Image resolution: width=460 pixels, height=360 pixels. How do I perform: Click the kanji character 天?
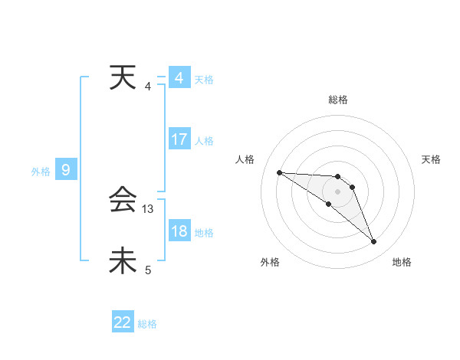point(123,77)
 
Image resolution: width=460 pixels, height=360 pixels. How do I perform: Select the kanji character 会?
point(123,201)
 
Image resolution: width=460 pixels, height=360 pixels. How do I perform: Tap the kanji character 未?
point(123,260)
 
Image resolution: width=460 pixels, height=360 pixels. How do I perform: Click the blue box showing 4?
point(179,78)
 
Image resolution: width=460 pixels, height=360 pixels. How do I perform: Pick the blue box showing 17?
point(179,139)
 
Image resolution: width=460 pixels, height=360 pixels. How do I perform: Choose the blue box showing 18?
point(179,232)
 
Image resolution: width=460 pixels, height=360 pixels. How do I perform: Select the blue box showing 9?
point(66,170)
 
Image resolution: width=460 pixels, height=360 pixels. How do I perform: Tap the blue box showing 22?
point(123,322)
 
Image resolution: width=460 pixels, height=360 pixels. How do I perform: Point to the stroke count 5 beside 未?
point(148,270)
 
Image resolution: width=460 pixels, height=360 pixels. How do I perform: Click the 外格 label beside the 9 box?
point(41,172)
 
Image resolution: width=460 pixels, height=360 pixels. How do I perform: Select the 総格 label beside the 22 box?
point(147,324)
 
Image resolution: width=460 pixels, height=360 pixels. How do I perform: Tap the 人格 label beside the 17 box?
point(204,141)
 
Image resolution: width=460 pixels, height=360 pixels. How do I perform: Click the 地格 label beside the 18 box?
point(204,233)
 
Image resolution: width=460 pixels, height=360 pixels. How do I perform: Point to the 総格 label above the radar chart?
point(337,100)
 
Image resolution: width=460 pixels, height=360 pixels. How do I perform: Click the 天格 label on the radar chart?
point(431,159)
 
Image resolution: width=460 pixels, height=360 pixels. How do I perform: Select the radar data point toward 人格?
point(279,172)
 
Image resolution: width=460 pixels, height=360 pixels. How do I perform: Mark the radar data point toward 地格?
point(373,242)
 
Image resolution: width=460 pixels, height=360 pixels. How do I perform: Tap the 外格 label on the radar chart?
point(270,262)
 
